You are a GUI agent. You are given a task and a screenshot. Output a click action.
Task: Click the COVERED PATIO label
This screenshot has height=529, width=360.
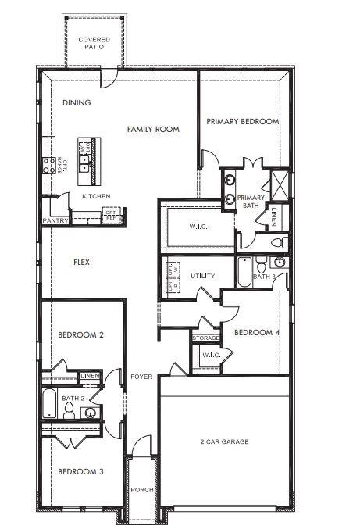click(x=93, y=43)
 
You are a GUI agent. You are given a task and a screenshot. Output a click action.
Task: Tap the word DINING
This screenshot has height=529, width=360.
click(x=77, y=102)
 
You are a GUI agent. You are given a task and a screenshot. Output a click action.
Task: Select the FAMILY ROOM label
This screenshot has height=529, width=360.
click(x=154, y=129)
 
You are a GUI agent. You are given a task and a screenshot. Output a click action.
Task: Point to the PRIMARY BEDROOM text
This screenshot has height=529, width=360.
click(x=242, y=122)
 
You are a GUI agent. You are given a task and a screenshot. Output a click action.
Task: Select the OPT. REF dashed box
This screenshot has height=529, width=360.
click(x=112, y=215)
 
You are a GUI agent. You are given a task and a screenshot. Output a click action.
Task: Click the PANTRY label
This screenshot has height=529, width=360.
click(x=56, y=220)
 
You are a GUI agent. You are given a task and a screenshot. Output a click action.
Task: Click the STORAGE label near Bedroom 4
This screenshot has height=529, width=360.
click(x=206, y=338)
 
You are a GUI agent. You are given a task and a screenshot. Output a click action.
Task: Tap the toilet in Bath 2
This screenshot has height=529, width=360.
click(x=70, y=413)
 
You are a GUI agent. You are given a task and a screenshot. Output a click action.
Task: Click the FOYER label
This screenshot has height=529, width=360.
click(x=141, y=376)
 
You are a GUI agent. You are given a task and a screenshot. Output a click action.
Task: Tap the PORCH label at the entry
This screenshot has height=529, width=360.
click(x=141, y=490)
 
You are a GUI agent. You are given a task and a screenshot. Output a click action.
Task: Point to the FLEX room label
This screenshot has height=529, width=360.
click(x=81, y=263)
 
